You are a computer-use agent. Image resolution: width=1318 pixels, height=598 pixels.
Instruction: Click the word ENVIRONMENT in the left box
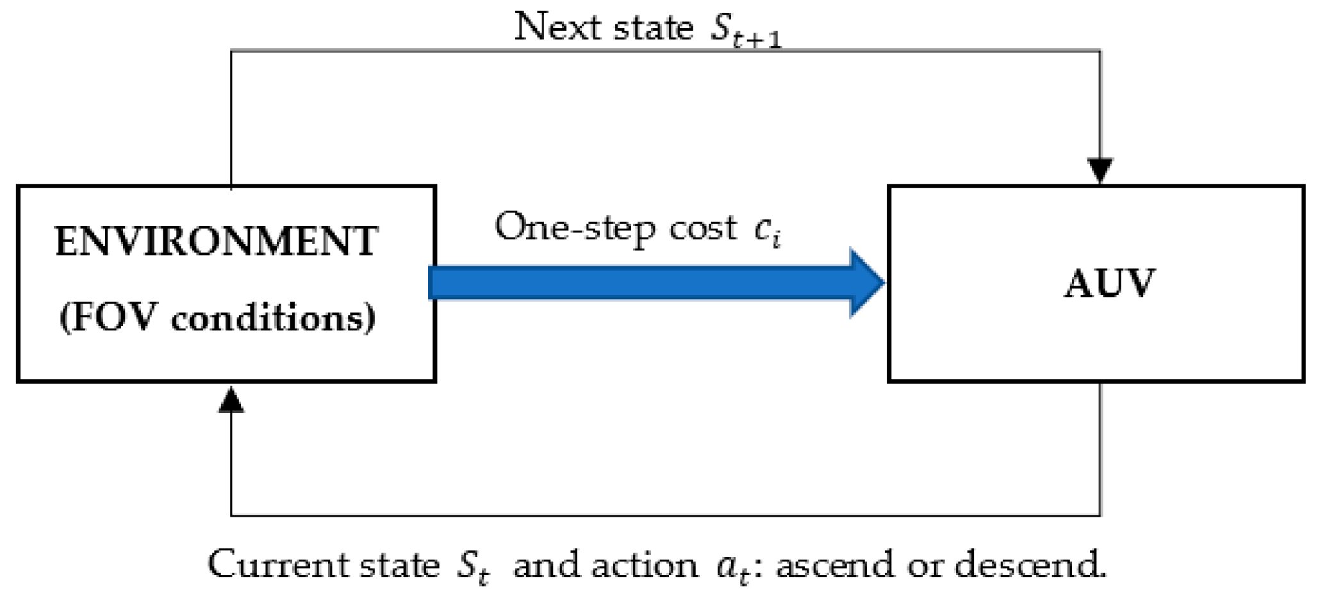pyautogui.click(x=217, y=242)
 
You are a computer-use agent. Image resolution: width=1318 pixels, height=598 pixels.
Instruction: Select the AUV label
pyautogui.click(x=1109, y=284)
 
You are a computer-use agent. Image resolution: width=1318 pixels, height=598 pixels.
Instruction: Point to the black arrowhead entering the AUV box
pyautogui.click(x=1100, y=170)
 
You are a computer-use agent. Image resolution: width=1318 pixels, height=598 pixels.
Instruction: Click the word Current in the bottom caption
pyautogui.click(x=276, y=565)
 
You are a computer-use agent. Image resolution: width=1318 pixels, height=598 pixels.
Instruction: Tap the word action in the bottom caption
pyautogui.click(x=645, y=565)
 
